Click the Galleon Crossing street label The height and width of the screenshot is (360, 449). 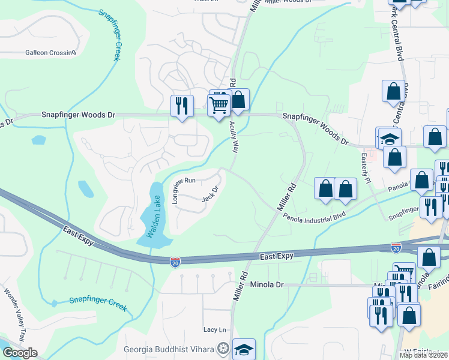point(50,52)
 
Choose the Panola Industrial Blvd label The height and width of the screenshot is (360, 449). point(315,214)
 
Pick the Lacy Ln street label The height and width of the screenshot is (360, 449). point(214,329)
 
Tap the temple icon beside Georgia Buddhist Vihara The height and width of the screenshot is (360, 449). point(223,349)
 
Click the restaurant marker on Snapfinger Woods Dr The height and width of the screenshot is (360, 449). point(181,106)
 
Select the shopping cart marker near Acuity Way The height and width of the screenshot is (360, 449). point(219,106)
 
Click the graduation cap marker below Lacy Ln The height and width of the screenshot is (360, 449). point(244,350)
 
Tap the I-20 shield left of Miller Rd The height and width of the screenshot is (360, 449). point(175,262)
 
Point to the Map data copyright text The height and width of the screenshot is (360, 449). point(423,355)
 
